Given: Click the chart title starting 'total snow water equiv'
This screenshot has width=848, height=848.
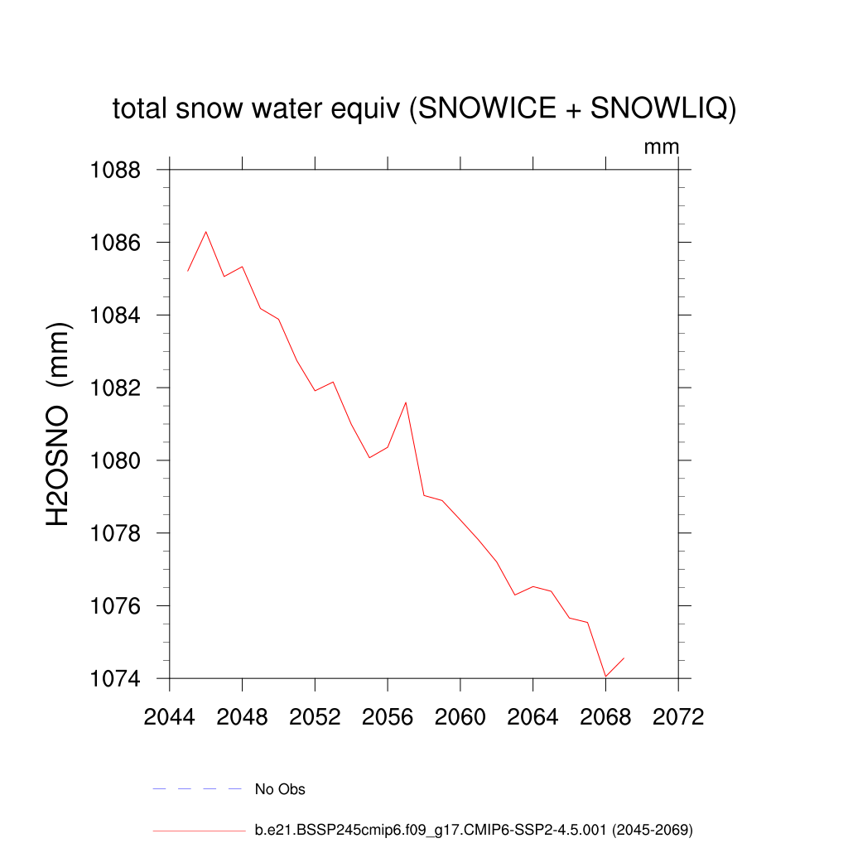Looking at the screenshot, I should pos(424,109).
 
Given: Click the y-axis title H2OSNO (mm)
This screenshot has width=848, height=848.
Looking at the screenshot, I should pos(59,424).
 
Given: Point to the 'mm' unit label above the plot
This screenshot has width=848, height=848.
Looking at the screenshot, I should pos(662,147).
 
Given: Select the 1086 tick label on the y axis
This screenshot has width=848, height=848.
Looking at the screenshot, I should pos(115,243).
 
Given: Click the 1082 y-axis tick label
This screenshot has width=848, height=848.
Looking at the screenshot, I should pos(115,388).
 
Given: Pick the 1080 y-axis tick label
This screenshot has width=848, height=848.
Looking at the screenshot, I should pos(115,460).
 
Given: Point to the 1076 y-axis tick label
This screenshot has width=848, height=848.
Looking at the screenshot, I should pos(115,606).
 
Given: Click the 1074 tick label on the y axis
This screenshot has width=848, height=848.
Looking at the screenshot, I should pos(115,678).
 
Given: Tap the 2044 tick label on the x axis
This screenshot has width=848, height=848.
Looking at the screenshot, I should pos(170,716).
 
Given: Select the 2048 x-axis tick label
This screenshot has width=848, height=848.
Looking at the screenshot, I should pos(243,716).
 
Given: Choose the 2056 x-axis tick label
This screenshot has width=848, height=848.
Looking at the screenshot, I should pos(388,716).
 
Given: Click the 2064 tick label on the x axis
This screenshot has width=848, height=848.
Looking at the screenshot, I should pos(533,716).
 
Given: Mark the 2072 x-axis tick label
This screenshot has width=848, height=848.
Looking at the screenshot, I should pos(678,716).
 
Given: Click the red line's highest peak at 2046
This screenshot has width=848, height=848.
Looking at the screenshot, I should pos(206,232).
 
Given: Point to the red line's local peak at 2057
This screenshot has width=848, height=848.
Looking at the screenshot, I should pos(406,402).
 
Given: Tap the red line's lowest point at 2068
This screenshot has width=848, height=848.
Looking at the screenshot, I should pos(605,677).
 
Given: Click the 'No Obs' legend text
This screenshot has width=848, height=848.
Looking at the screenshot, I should pos(280,789).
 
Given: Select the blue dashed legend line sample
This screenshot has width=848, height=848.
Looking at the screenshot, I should pos(196,789).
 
